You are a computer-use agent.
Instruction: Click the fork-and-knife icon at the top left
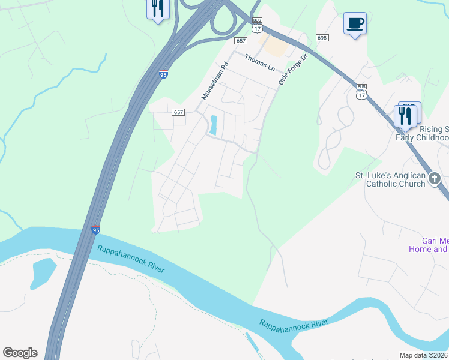tap(158, 9)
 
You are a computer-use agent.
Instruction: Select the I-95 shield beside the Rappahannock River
tap(95, 230)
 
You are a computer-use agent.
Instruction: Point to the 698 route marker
tap(322, 38)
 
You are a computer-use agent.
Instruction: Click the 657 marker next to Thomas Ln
tap(241, 40)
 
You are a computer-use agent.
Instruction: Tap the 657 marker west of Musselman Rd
tap(178, 112)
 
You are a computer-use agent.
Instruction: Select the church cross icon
tap(435, 178)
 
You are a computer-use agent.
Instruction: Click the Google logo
tap(20, 352)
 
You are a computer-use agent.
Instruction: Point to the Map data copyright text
tap(424, 355)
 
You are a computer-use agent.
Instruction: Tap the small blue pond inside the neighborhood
tap(213, 125)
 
